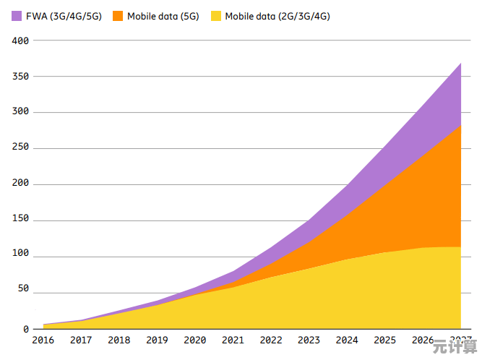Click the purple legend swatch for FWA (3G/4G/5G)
coord(17,15)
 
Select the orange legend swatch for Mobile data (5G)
coord(118,15)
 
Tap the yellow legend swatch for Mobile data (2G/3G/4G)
coord(216,15)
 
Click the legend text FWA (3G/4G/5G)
coord(63,15)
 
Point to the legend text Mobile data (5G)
coord(163,15)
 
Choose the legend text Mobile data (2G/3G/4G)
coord(277,15)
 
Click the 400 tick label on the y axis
coord(20,41)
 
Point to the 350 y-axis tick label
coord(20,77)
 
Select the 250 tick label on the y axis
coord(20,148)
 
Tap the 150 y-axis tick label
coord(20,220)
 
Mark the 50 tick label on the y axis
coord(23,289)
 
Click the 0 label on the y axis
coord(26,329)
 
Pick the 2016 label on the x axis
coord(44,340)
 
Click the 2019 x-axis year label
coord(158,340)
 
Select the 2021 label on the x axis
coord(233,340)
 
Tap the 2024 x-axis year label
coord(347,340)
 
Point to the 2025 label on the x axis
coord(385,340)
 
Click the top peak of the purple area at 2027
coord(460,64)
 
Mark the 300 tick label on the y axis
coord(20,112)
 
